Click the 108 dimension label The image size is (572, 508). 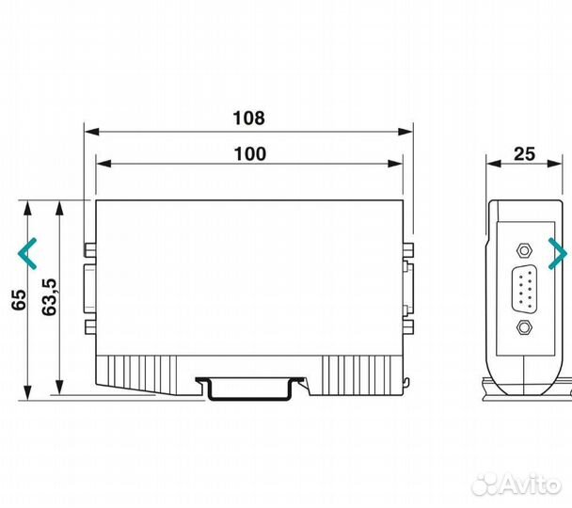click(248, 119)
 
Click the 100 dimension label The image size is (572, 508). click(250, 154)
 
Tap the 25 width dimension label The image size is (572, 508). click(525, 154)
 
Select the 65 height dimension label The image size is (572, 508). click(19, 300)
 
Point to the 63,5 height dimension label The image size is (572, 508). click(49, 297)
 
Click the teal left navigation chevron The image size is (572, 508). click(27, 253)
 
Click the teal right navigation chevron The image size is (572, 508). click(558, 253)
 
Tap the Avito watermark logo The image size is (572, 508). click(516, 484)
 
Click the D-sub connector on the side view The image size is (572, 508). click(524, 289)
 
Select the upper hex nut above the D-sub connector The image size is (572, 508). click(524, 250)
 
